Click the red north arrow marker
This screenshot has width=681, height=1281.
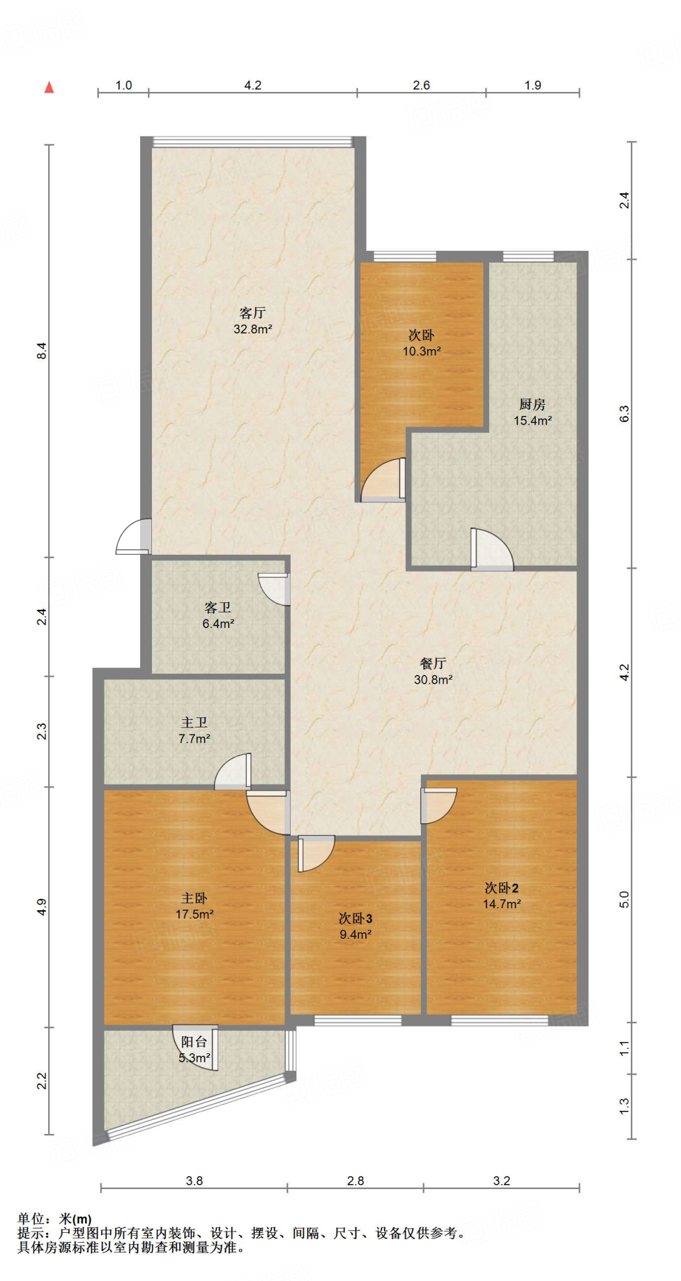[49, 88]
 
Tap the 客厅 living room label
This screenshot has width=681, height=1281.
[253, 313]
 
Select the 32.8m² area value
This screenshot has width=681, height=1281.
[253, 329]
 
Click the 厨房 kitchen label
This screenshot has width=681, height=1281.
[532, 405]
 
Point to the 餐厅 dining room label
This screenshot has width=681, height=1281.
[433, 664]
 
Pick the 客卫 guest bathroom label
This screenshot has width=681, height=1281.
[218, 607]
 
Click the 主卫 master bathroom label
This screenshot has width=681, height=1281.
[194, 722]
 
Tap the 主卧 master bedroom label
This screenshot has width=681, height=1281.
[194, 898]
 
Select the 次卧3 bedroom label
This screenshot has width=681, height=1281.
[355, 918]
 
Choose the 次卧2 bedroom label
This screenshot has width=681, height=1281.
[502, 888]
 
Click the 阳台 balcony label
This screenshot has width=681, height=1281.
[194, 1041]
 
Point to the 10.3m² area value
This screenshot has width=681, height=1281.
[421, 352]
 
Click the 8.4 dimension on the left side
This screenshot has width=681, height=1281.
[42, 351]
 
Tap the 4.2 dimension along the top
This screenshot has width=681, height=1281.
[253, 85]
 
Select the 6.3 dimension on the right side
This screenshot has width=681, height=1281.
[624, 413]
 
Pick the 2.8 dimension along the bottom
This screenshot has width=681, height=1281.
[355, 1181]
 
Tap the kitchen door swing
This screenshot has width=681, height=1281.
[492, 549]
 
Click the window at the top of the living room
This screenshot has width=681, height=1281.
[253, 142]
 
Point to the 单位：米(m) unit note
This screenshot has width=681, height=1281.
[54, 1219]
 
